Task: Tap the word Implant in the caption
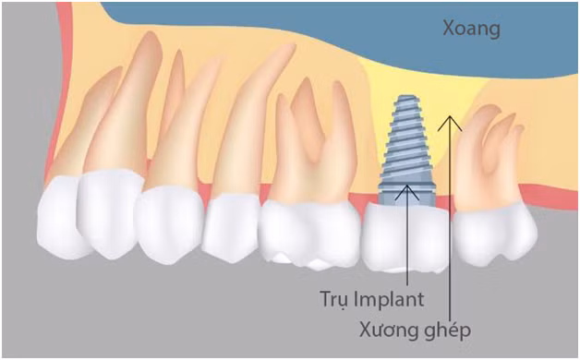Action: [x=391, y=299]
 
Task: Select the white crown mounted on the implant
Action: [x=405, y=238]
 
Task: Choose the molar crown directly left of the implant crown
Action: [x=310, y=231]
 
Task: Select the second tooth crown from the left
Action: [x=109, y=212]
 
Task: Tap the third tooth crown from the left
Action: [x=169, y=222]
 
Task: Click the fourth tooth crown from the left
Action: [x=230, y=227]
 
